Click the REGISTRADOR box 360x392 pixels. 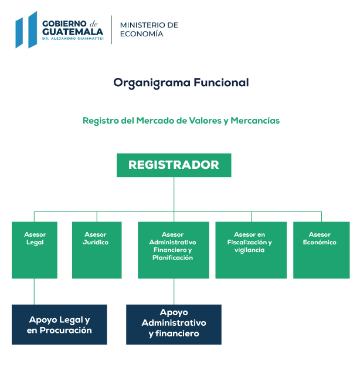(174, 165)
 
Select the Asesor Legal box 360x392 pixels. (34, 250)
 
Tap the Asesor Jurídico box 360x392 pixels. (97, 250)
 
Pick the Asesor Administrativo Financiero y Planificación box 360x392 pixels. (174, 250)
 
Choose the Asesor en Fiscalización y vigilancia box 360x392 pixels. (251, 250)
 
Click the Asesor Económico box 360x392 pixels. (321, 250)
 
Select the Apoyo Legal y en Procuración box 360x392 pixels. (59, 324)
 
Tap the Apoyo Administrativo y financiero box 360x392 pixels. (174, 324)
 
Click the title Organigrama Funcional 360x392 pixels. (181, 83)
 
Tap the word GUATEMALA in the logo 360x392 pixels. (73, 32)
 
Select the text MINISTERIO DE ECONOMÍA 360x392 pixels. (149, 29)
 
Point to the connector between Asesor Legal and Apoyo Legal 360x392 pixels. (34, 291)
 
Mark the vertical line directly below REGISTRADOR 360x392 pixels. (174, 193)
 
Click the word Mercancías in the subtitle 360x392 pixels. (255, 120)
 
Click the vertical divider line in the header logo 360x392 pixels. (111, 29)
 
